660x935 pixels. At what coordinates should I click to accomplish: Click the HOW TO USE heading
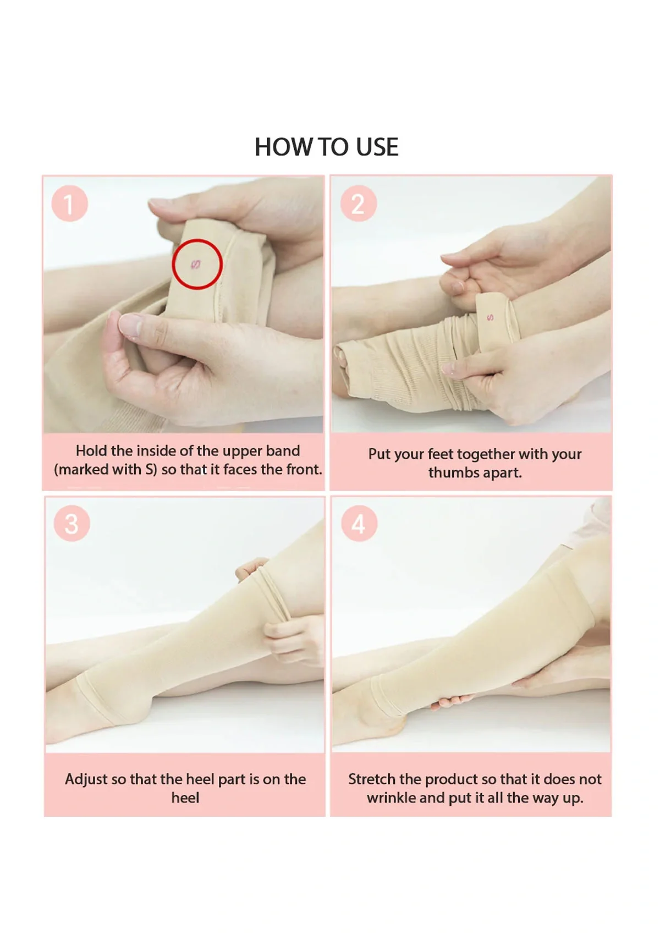click(326, 147)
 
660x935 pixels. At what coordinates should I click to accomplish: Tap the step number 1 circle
click(69, 204)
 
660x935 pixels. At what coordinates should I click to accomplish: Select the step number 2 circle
click(358, 204)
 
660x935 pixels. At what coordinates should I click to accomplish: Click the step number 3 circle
click(71, 524)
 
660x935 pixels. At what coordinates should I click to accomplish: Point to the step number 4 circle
click(359, 524)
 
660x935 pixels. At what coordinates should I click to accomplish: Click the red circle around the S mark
click(197, 265)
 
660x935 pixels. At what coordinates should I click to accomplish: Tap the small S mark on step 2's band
click(490, 317)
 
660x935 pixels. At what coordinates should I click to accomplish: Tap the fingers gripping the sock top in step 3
click(286, 632)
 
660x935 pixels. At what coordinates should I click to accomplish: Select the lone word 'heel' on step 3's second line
click(185, 798)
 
